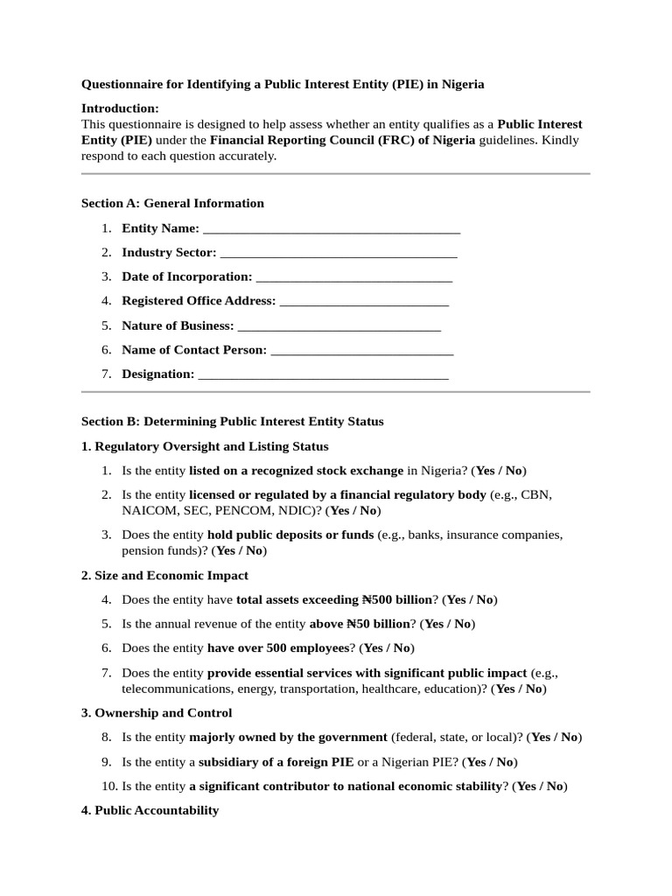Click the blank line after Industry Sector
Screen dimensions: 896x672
(x=339, y=254)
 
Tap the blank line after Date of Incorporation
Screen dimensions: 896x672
(x=353, y=278)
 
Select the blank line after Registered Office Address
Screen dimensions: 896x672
(x=364, y=302)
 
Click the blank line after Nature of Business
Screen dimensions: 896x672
(x=339, y=326)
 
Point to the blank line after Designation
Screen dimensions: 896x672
(x=323, y=375)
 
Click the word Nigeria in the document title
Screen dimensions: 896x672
(x=462, y=85)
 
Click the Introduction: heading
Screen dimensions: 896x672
(x=120, y=108)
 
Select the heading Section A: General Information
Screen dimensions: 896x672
(x=172, y=203)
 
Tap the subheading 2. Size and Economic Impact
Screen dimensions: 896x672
(x=164, y=576)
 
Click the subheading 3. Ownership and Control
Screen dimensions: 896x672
(x=157, y=713)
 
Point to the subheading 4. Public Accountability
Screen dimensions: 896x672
(x=150, y=810)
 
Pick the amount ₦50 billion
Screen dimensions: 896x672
(x=378, y=624)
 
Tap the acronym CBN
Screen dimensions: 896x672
(x=535, y=495)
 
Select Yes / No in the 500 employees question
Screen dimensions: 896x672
(x=386, y=648)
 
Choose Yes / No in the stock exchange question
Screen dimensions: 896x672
(x=500, y=471)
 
